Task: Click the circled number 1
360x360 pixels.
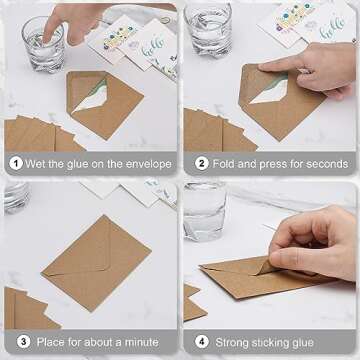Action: tap(17, 164)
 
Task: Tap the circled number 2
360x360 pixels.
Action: tap(201, 164)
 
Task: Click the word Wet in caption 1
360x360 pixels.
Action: tap(41, 164)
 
